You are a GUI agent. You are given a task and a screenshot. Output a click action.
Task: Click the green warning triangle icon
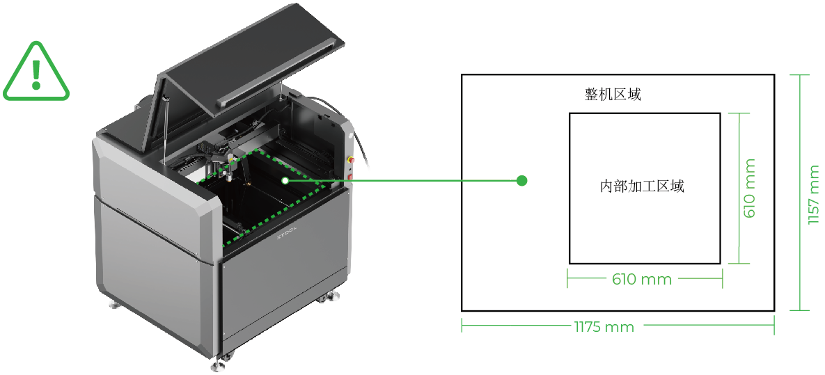pyautogui.click(x=37, y=72)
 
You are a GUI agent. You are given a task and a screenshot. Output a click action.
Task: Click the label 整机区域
pyautogui.click(x=613, y=95)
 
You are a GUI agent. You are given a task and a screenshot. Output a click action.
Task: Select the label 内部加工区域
pyautogui.click(x=642, y=186)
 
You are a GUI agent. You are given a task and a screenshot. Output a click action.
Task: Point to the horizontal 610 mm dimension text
pyautogui.click(x=642, y=280)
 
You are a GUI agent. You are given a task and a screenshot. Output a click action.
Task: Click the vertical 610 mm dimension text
pyautogui.click(x=749, y=188)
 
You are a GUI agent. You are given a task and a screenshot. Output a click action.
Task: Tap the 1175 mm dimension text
pyautogui.click(x=604, y=327)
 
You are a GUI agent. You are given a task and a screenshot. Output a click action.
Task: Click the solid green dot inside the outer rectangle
pyautogui.click(x=522, y=181)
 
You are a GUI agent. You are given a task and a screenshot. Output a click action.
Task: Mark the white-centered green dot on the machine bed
pyautogui.click(x=285, y=180)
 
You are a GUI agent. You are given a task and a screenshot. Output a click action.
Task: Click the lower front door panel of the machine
pyautogui.click(x=285, y=299)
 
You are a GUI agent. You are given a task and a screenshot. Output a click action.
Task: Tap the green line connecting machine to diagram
pyautogui.click(x=404, y=181)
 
